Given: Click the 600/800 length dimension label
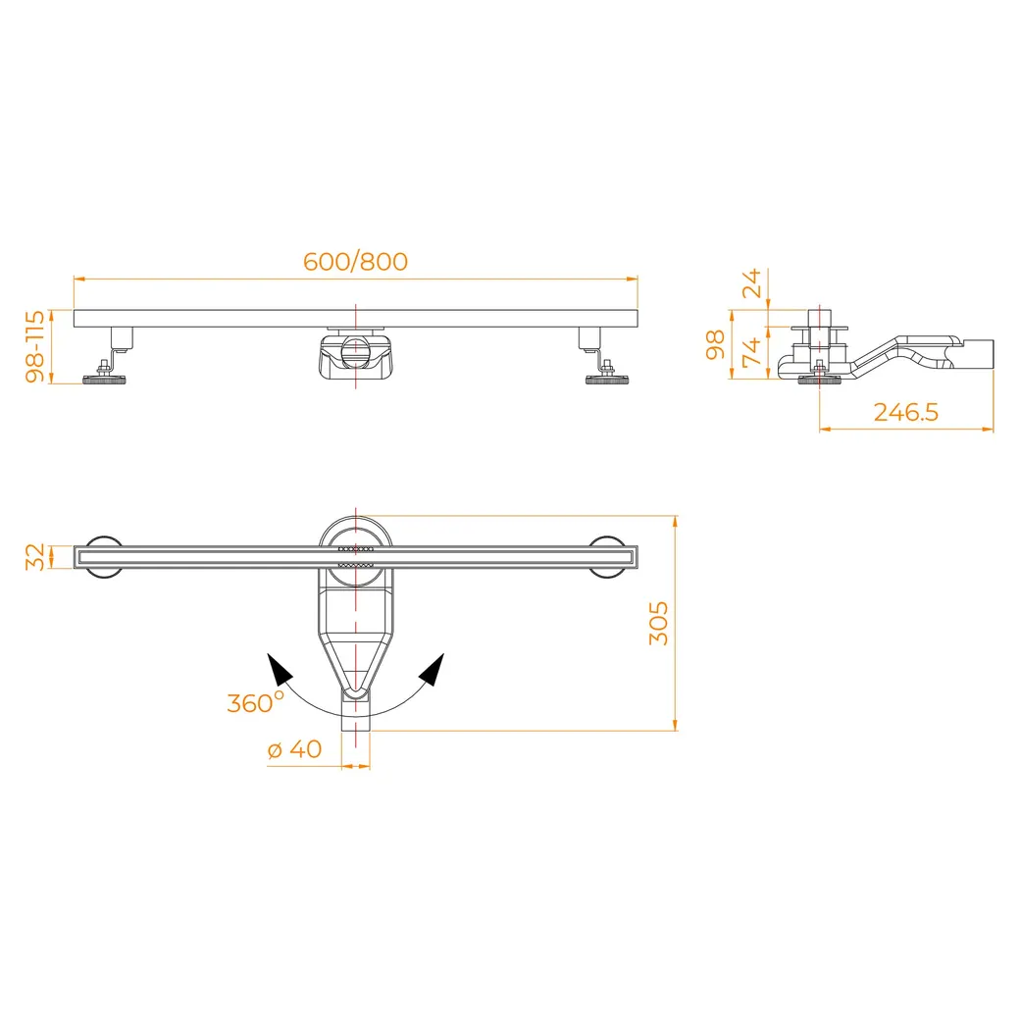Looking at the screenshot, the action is point(355,262).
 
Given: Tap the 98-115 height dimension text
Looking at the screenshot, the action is point(35,346).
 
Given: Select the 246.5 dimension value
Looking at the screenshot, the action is point(905,413).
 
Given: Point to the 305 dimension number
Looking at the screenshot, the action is point(658,623).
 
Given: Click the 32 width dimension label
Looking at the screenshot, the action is point(35,557).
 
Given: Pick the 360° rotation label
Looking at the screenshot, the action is point(255,702).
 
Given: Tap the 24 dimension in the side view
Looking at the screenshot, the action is point(752,282).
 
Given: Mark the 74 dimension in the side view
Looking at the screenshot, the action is point(752,352).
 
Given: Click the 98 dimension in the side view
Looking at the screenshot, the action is point(716,344).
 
